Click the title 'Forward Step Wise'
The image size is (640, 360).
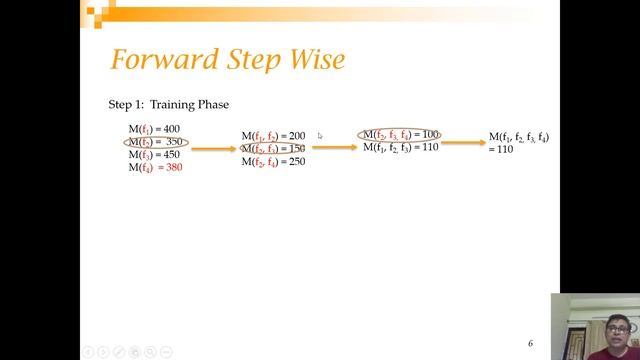(227, 60)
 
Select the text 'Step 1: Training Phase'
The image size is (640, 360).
(169, 104)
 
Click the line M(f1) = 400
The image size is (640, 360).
(153, 130)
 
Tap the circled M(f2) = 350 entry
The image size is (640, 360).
(155, 143)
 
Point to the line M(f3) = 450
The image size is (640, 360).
(153, 155)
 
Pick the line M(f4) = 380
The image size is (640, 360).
(155, 168)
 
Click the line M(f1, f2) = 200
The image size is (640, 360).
(273, 136)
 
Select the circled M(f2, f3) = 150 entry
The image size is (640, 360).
(273, 149)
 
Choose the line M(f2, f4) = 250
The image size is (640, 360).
(273, 161)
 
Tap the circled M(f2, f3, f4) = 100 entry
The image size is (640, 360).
(400, 134)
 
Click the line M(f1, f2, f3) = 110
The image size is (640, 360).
(400, 147)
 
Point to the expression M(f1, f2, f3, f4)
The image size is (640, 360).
(518, 137)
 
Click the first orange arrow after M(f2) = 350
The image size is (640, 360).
(214, 149)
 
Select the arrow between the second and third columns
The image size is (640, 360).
(334, 147)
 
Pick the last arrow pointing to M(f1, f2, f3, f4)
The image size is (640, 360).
(463, 142)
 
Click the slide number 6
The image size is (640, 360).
(531, 342)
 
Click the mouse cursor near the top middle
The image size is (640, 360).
(319, 135)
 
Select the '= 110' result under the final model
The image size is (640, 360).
(501, 149)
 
